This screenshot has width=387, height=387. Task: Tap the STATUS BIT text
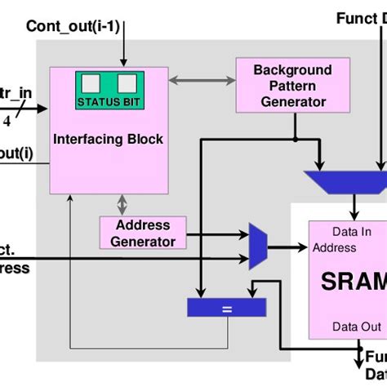click(x=109, y=102)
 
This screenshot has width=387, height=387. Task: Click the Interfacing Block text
click(x=108, y=139)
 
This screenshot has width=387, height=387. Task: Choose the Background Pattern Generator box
click(x=281, y=85)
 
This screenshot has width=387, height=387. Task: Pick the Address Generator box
click(x=143, y=233)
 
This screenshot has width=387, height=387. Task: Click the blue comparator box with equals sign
click(x=227, y=307)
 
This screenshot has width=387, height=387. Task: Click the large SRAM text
click(x=351, y=282)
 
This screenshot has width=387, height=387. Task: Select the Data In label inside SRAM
click(x=350, y=231)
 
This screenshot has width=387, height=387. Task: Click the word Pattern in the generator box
click(x=281, y=86)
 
